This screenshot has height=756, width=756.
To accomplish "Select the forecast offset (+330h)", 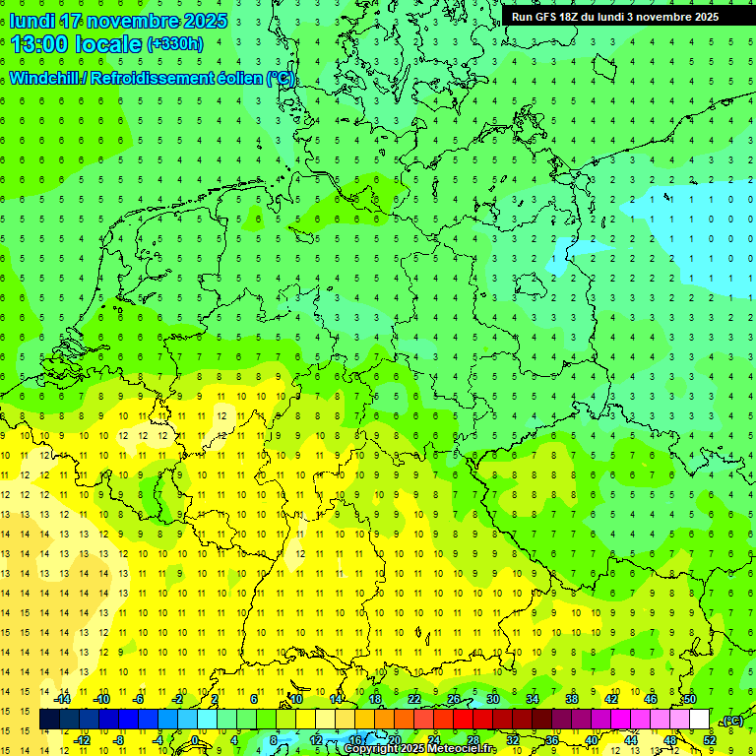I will click(x=175, y=44).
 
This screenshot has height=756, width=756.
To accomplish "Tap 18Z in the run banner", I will click(x=571, y=17).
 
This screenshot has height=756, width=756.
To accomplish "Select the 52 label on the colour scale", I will click(x=709, y=740).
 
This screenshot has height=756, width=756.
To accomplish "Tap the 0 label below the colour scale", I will click(x=195, y=740).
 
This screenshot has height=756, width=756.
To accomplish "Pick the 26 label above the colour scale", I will click(x=454, y=699).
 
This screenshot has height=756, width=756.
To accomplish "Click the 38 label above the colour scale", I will click(x=571, y=699).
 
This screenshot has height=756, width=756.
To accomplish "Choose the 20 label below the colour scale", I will click(x=394, y=740).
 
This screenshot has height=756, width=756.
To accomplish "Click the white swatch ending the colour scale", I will click(x=699, y=720).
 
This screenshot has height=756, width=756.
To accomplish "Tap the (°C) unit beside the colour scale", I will click(x=731, y=722).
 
